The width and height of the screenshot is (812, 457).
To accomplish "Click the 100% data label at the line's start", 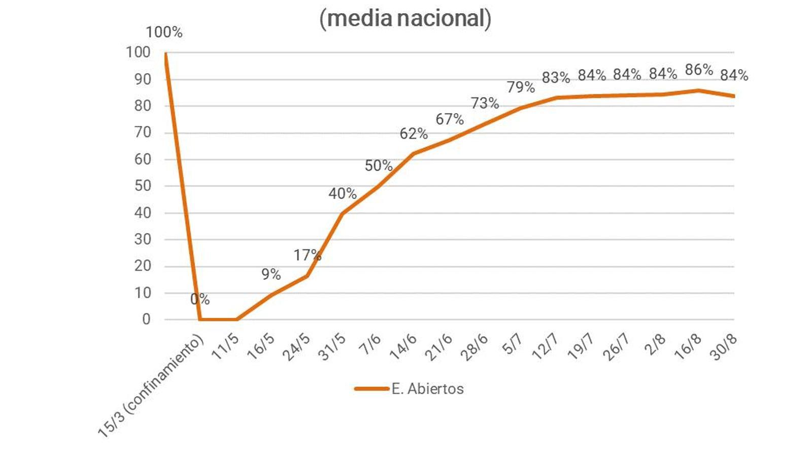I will click(x=163, y=32).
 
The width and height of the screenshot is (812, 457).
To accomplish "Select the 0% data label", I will click(x=200, y=299).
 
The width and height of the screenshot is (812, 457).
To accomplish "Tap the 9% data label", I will click(x=271, y=274).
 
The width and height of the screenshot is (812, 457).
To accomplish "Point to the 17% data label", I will click(x=307, y=254).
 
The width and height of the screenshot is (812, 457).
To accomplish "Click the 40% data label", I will click(x=343, y=193).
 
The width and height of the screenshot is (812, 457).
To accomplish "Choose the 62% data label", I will click(x=414, y=134).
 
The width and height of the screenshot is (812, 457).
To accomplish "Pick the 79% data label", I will click(x=521, y=87).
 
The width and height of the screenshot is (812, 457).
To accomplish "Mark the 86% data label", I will click(x=699, y=70).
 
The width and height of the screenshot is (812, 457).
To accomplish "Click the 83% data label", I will click(x=556, y=78).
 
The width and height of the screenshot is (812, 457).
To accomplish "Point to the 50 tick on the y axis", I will click(x=143, y=186).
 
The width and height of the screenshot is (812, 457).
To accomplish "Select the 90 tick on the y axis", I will click(x=143, y=79).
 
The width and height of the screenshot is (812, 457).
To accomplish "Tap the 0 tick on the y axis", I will click(x=146, y=319).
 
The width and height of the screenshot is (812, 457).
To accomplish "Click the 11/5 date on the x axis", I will click(x=225, y=347).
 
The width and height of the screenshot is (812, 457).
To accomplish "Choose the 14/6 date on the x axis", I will click(x=403, y=347).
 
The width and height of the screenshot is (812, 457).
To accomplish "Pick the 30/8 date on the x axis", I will click(x=724, y=347).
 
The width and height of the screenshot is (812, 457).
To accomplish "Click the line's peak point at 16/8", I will click(x=699, y=90).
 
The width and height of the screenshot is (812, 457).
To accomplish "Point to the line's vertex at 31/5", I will click(x=343, y=213).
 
